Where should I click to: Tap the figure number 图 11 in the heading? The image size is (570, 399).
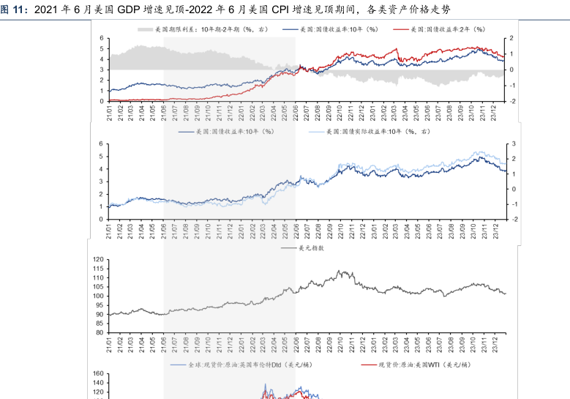(x=13, y=10)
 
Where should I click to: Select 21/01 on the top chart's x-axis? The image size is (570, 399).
(x=108, y=113)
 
